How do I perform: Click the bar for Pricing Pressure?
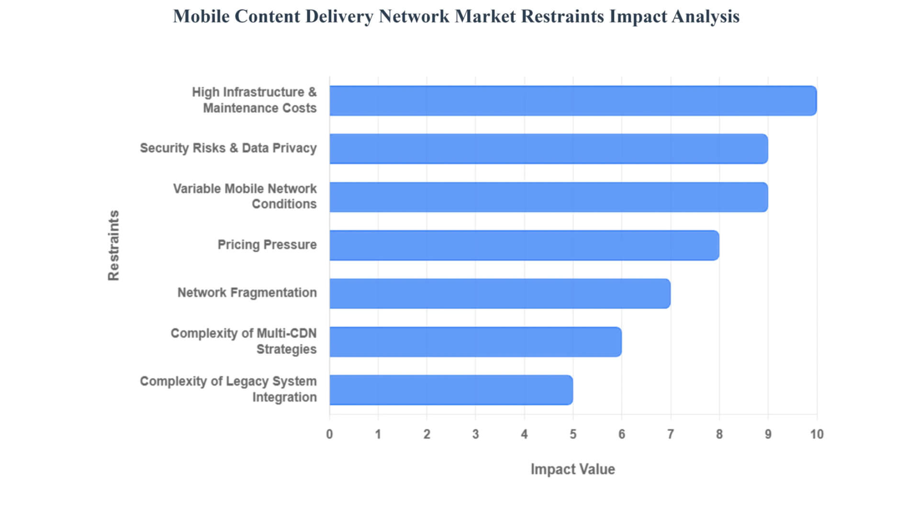click(x=524, y=245)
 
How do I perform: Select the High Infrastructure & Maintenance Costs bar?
click(x=573, y=101)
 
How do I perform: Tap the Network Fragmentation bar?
click(x=500, y=293)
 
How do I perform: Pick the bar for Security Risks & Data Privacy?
click(x=549, y=149)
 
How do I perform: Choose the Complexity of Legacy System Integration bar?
click(x=451, y=390)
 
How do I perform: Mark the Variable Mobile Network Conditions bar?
click(x=549, y=197)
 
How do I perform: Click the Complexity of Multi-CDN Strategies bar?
click(x=475, y=342)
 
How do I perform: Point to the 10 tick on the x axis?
click(x=817, y=434)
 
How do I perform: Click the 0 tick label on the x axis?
click(x=329, y=434)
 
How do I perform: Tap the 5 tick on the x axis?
click(x=573, y=434)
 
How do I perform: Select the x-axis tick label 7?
click(x=671, y=434)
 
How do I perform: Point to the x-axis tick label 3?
click(x=475, y=434)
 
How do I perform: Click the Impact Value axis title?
click(x=572, y=469)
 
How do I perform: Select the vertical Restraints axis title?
click(x=113, y=245)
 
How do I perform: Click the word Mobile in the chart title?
click(x=201, y=16)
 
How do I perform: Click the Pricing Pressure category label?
click(x=267, y=245)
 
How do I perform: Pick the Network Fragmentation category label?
click(x=247, y=292)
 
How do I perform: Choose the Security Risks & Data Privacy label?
click(x=228, y=148)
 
